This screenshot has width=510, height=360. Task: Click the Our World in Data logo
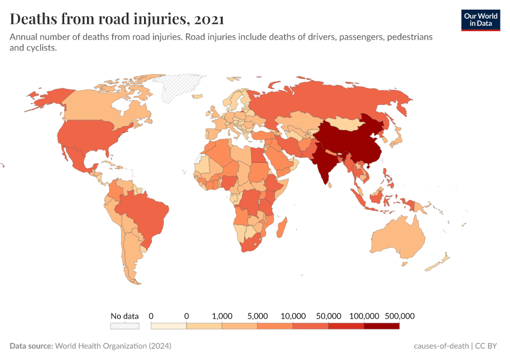[x=480, y=20]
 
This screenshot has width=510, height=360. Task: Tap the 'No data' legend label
[x=124, y=316]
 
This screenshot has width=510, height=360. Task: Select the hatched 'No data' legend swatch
[x=124, y=326]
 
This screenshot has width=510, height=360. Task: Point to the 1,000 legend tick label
[x=222, y=316]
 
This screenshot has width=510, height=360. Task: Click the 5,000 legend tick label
[x=257, y=316]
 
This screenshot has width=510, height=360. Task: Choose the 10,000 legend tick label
[x=293, y=316]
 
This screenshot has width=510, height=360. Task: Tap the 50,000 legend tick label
[x=329, y=316]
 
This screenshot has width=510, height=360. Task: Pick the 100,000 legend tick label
[x=364, y=316]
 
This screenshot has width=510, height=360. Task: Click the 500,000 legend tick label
[x=400, y=316]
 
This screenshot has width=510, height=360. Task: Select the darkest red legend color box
[x=382, y=326]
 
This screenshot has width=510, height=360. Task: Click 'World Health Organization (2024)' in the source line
[x=113, y=346]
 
